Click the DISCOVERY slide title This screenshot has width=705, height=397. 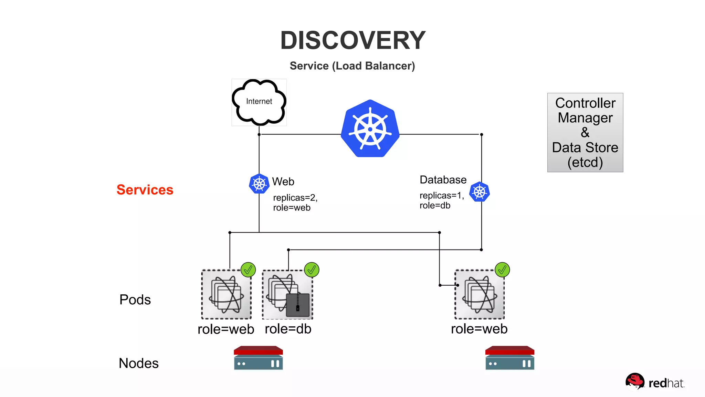point(353,40)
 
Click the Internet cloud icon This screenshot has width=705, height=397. point(259,102)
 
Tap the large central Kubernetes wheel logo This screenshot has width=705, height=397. point(370,129)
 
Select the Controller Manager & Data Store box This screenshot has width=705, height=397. point(585,132)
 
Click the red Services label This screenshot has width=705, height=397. point(145,190)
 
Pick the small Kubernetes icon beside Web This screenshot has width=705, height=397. point(259,184)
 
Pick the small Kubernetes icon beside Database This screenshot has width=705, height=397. point(480,192)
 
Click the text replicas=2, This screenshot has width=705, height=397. point(295,198)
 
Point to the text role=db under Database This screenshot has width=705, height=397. point(435,206)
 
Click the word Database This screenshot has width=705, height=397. point(443,180)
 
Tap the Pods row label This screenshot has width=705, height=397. point(135,300)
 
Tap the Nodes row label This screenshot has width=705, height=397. point(139,363)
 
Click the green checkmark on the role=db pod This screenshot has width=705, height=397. point(312,270)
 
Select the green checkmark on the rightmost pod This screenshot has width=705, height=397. point(502,270)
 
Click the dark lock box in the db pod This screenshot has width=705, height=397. point(298,305)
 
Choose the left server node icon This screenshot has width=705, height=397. point(258,358)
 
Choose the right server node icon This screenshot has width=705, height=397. point(510,358)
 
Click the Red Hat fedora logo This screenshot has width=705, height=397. point(635,381)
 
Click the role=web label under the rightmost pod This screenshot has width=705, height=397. point(479,329)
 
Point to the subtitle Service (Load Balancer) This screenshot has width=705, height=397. point(352,66)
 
